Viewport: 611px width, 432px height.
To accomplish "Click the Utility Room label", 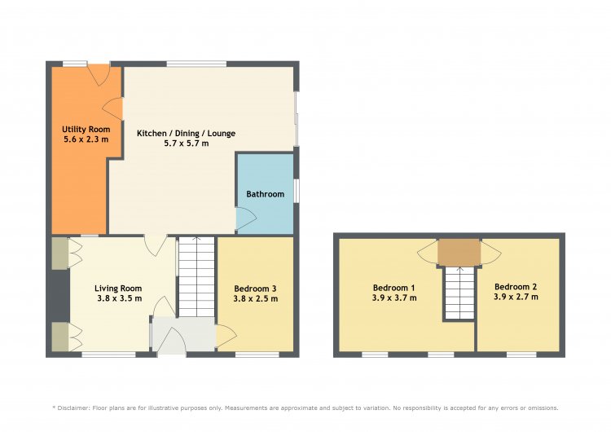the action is pos(86,130).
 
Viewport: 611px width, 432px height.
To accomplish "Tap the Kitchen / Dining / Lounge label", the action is pos(186,134).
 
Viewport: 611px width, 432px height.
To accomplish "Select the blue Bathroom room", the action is pos(266,194).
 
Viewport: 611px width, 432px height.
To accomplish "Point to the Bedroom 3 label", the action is pos(255,289).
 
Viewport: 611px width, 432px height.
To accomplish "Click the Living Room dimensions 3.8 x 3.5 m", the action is pos(119,298).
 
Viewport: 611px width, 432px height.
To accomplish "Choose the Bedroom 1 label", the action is pos(393,288).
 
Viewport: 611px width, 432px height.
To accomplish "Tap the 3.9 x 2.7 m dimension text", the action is pos(516,297).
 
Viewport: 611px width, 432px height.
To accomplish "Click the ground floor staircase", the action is pos(197,277).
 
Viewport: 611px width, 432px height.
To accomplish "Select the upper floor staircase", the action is pos(459,293).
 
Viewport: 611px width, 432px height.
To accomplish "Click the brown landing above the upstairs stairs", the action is pos(459,252).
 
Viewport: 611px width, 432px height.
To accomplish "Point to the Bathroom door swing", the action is pos(246,218).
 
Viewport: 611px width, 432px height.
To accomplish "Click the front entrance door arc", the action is pos(172,341).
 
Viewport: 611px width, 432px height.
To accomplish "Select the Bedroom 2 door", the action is pos(490,253).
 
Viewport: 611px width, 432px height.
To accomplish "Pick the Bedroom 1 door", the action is pos(428,253).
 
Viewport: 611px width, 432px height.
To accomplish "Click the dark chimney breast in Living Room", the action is pos(60,296).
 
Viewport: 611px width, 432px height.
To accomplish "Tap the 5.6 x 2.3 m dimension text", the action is pos(86,139).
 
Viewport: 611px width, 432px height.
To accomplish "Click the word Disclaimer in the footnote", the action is pos(73,408).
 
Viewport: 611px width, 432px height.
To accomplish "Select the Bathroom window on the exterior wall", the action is pos(297,191).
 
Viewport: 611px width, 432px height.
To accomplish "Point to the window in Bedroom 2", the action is pos(521,355).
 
